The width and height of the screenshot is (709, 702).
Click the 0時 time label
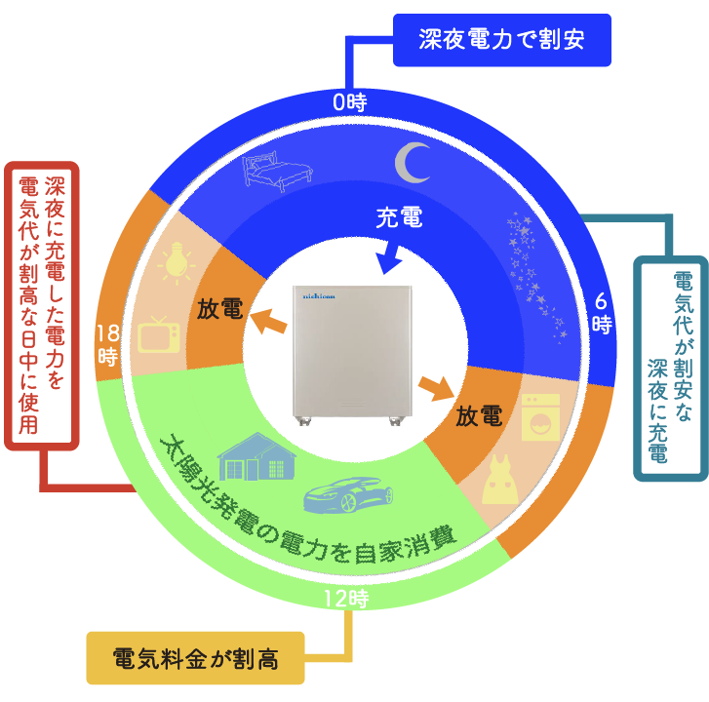pos(349,100)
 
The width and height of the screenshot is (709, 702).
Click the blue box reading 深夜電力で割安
pos(501,40)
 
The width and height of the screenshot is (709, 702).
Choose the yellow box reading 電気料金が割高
pos(196,658)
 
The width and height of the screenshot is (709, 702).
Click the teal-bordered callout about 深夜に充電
pos(669,368)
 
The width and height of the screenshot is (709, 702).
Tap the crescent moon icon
pos(413,161)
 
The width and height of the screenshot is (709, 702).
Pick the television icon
pos(158,333)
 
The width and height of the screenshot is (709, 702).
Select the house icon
pos(256,455)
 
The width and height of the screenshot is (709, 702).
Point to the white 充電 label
pos(399,218)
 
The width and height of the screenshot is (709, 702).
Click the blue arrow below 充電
pos(389,258)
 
